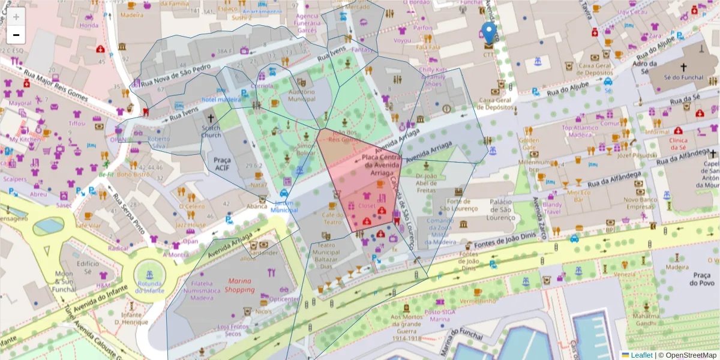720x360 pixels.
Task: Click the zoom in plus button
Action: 16,17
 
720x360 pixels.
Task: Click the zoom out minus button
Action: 16,35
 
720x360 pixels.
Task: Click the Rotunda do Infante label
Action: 149,287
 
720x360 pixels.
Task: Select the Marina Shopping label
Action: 239,285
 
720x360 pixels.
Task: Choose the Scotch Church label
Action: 211,131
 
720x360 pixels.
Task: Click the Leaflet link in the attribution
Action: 641,355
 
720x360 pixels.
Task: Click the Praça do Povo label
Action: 700,278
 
